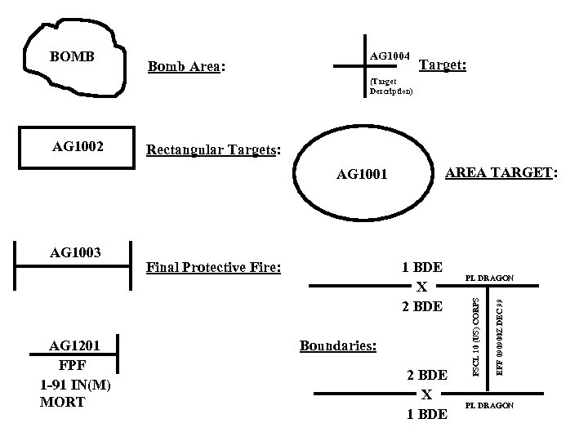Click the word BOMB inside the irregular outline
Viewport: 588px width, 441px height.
coord(73,57)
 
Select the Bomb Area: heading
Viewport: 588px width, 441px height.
coord(185,66)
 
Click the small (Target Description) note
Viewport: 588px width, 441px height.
coord(391,87)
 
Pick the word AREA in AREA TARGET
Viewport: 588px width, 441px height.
coord(467,172)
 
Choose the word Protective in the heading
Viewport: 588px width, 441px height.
coord(216,267)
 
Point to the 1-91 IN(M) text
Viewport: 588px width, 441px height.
coord(73,385)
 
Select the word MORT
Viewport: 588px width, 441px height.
coord(62,402)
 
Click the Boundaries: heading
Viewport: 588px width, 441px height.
coord(338,345)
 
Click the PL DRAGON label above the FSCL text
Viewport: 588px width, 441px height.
coord(489,278)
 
